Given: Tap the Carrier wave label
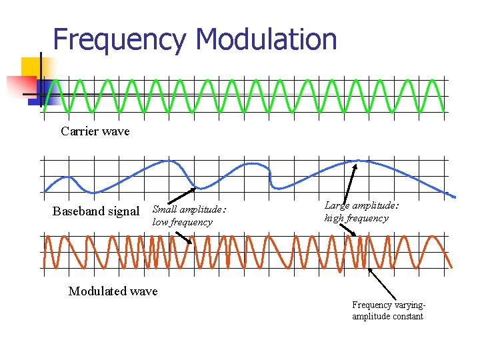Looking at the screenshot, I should (95, 131).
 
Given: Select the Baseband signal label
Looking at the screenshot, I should (95, 212).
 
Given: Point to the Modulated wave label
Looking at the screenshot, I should (113, 291).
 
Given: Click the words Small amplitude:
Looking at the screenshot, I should (189, 211).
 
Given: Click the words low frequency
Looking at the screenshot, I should (182, 223).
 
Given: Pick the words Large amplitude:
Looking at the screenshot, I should (361, 206).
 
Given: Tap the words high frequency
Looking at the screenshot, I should (356, 218).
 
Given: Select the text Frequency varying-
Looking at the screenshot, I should (389, 305).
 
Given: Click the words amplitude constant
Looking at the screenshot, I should (387, 316).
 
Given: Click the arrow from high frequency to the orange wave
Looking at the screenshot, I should (348, 229).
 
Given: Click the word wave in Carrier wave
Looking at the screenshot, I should (115, 131).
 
